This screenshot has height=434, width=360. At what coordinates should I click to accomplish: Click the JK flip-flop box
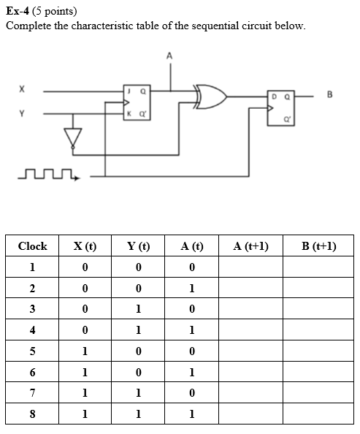click(136, 102)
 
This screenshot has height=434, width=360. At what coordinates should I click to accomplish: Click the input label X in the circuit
click(22, 89)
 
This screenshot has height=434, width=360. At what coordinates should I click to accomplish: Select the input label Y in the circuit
click(22, 113)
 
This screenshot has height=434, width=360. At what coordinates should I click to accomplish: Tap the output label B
click(329, 94)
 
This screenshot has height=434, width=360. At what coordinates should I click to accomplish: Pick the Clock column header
click(32, 246)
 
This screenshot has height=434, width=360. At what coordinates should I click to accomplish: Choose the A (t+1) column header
click(250, 246)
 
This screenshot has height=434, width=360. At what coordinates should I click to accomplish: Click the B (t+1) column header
click(318, 246)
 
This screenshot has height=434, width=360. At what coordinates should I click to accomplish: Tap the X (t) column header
click(85, 246)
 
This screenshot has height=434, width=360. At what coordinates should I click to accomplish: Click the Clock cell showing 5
click(32, 351)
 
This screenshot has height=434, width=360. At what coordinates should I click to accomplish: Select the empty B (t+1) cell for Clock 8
click(318, 414)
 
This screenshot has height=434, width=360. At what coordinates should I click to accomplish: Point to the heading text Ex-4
click(20, 11)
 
